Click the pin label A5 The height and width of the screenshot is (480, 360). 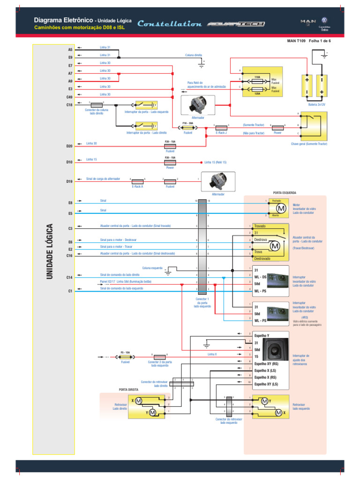coord(70,49)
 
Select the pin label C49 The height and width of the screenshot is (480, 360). coord(69,97)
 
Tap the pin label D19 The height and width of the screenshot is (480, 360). coord(69,181)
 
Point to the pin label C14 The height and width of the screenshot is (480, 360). coord(69,278)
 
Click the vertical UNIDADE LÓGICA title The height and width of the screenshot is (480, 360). coord(49,253)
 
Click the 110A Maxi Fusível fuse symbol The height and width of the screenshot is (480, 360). coord(257,80)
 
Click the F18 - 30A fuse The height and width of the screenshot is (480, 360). coord(188,127)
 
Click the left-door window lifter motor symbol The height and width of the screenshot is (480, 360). coord(280,208)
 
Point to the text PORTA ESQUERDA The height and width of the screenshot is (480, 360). coord(284,193)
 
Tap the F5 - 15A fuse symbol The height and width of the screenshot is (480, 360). coord(125,356)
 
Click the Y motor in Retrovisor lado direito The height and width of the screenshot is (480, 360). coord(152,412)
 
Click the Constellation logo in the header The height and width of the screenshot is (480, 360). coord(170,24)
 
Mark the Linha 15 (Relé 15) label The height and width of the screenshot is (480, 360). coord(215,162)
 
